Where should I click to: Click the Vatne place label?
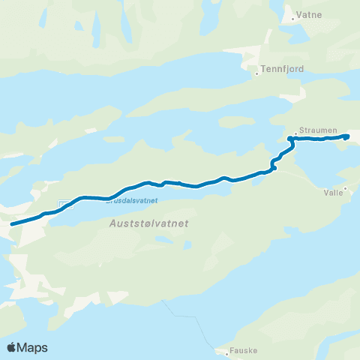click(x=309, y=14)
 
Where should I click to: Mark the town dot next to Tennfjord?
click(x=257, y=73)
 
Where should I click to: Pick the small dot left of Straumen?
click(x=296, y=129)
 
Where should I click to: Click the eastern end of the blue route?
click(x=348, y=136)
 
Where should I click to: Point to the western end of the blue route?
click(x=11, y=223)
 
